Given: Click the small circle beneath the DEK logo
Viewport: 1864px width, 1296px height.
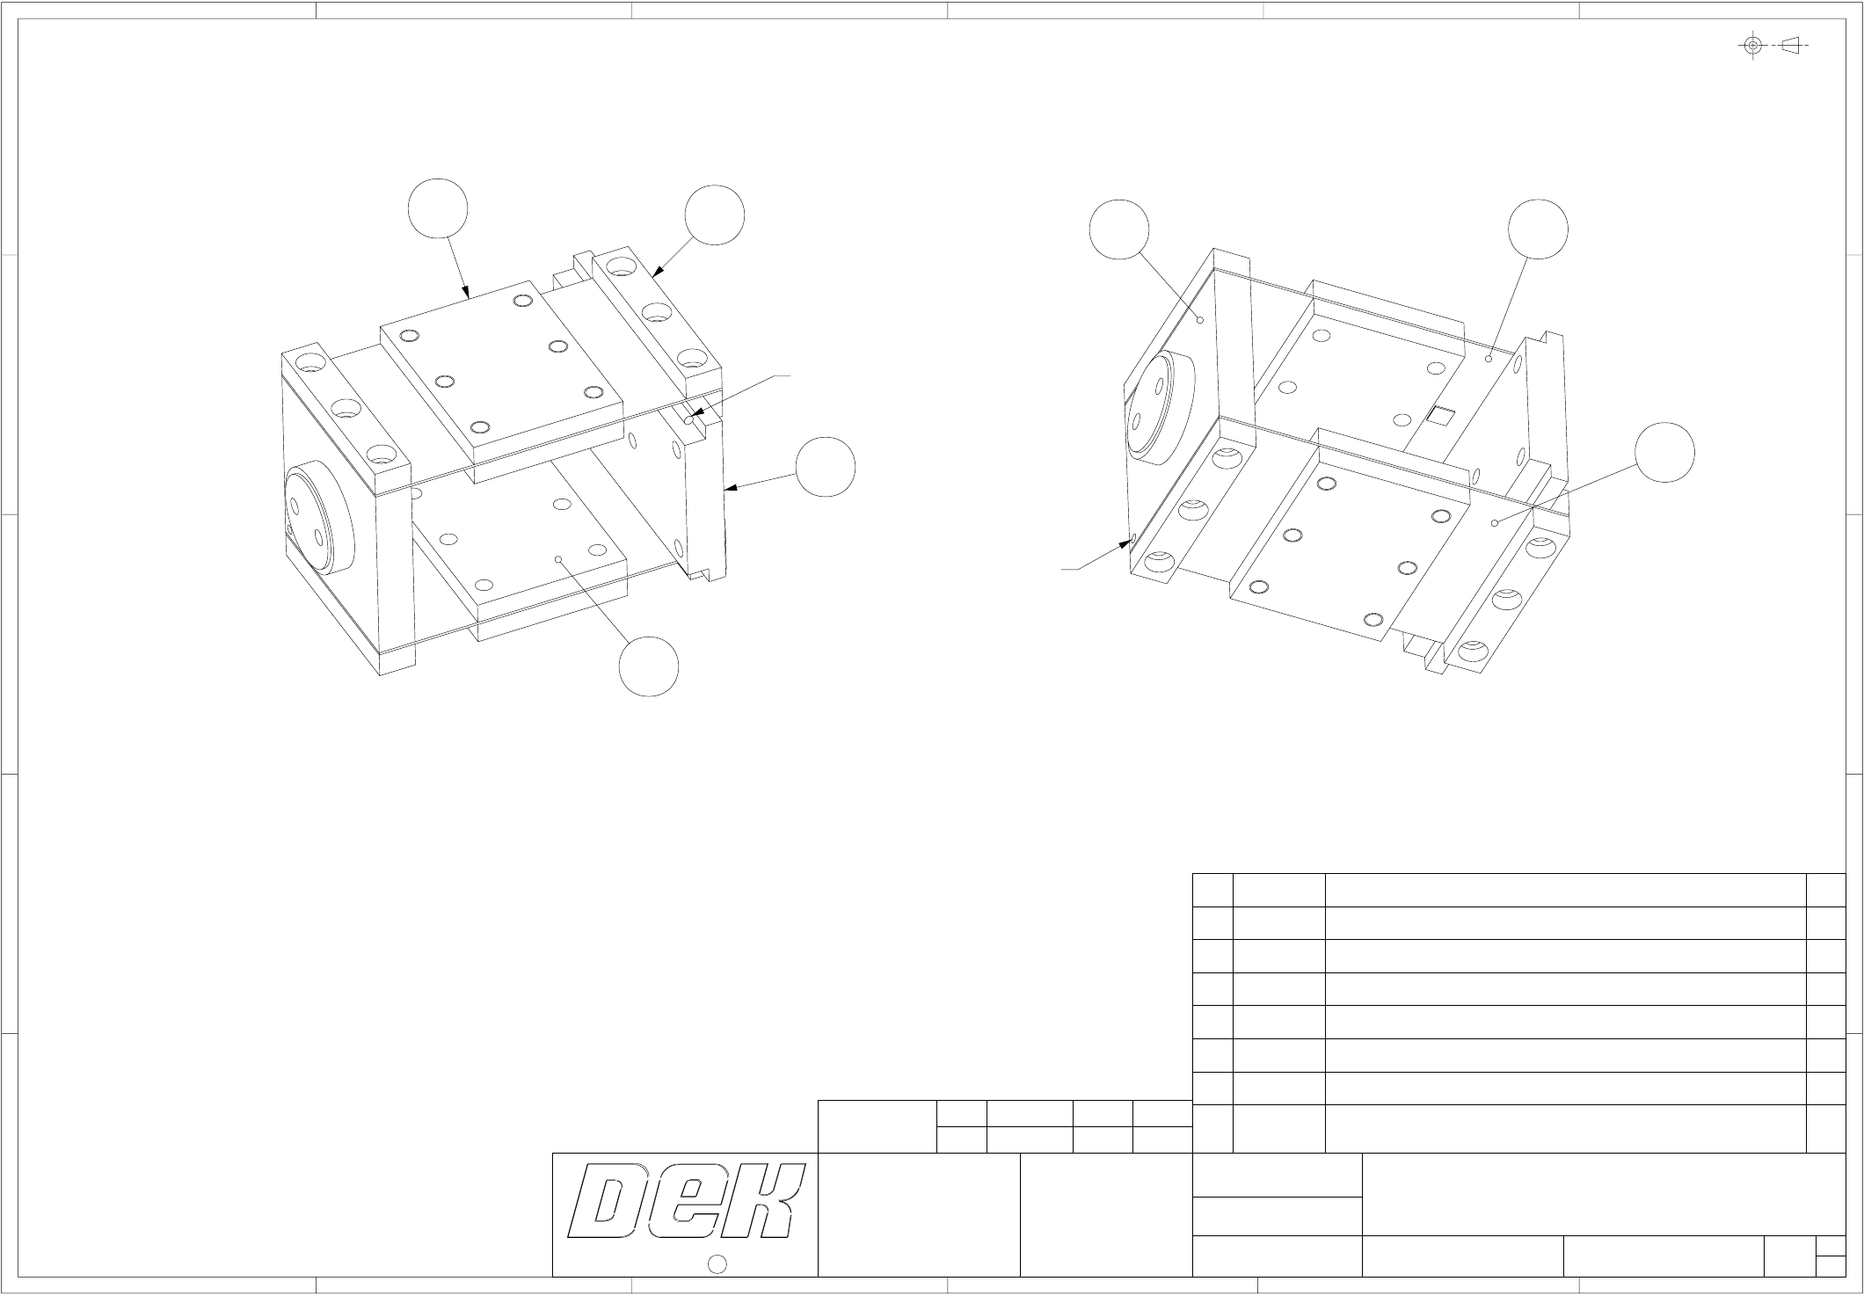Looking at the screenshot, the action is [717, 1264].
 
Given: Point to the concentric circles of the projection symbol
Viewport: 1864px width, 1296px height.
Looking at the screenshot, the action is [1753, 45].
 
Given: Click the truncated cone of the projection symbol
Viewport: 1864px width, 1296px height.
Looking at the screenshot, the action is [1791, 45].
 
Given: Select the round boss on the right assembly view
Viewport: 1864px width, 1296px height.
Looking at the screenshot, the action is [1161, 406].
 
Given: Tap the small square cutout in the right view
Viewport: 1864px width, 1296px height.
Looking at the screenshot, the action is [1441, 415].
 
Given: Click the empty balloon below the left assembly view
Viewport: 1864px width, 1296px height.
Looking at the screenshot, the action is [649, 667].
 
